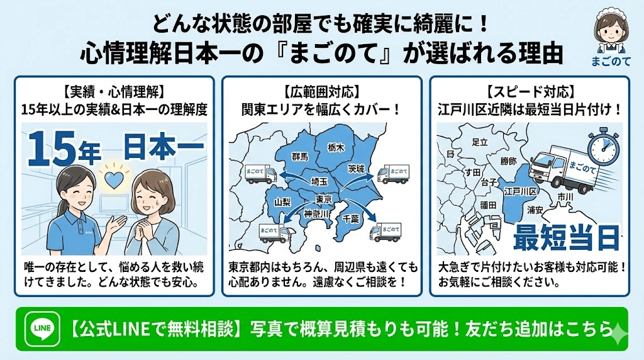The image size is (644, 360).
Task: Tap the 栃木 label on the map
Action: pyautogui.click(x=336, y=147)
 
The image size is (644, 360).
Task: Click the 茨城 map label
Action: pyautogui.click(x=356, y=169)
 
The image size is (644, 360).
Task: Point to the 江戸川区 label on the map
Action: pyautogui.click(x=520, y=191)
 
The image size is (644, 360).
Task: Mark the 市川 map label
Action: pyautogui.click(x=565, y=197)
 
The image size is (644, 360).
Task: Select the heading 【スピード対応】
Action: pyautogui.click(x=530, y=90)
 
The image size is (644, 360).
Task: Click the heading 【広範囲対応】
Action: pyautogui.click(x=322, y=90)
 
